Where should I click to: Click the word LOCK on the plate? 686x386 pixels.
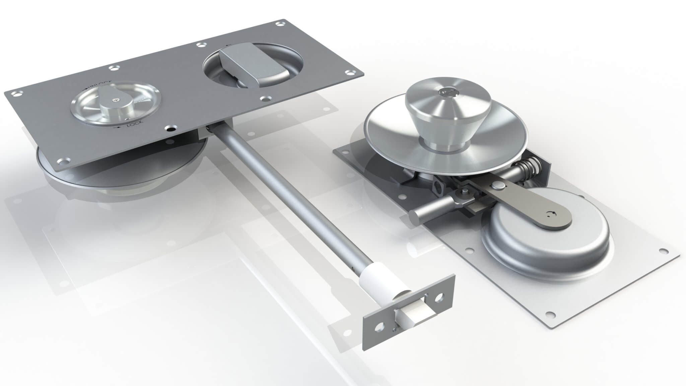click(x=136, y=124)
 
